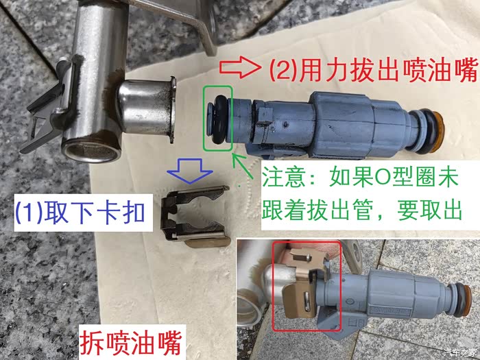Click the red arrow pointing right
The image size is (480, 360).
pyautogui.click(x=240, y=67)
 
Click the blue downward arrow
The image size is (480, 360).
pyautogui.click(x=190, y=171)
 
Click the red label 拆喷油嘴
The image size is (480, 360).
pyautogui.click(x=131, y=342)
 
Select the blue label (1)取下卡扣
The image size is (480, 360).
pyautogui.click(x=80, y=213)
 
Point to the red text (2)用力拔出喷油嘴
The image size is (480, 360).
pyautogui.click(x=374, y=71)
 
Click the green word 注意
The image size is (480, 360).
pyautogui.click(x=284, y=178)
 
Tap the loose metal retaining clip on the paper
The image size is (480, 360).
pyautogui.click(x=196, y=216)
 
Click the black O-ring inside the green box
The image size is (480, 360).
pyautogui.click(x=219, y=120)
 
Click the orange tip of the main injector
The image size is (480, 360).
pyautogui.click(x=440, y=132)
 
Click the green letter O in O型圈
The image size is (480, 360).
pyautogui.click(x=381, y=178)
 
